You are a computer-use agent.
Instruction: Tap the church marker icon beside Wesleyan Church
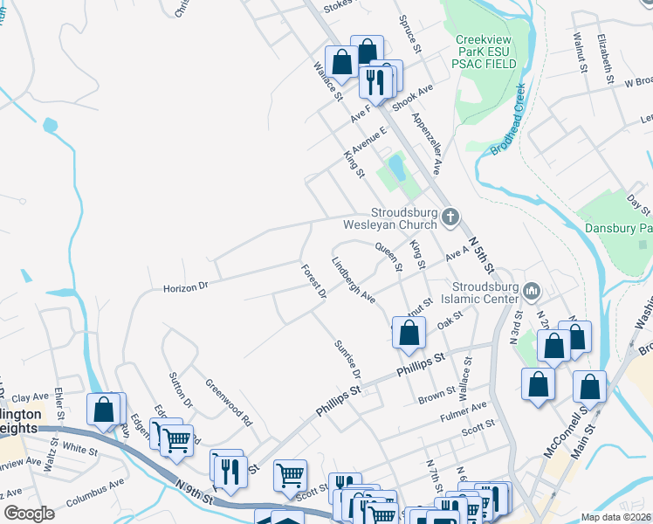coord(450,217)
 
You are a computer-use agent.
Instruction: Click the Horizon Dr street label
coord(186,286)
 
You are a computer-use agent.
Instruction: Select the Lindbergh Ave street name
coord(353,280)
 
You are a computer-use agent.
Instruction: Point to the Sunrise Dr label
coord(347,361)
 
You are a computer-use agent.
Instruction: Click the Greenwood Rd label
coord(229,402)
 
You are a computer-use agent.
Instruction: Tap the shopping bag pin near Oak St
coord(409,333)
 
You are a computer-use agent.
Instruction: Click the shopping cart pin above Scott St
coord(290,476)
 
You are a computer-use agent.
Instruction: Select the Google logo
coord(30,513)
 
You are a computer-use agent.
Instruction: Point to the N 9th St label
coord(193,492)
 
